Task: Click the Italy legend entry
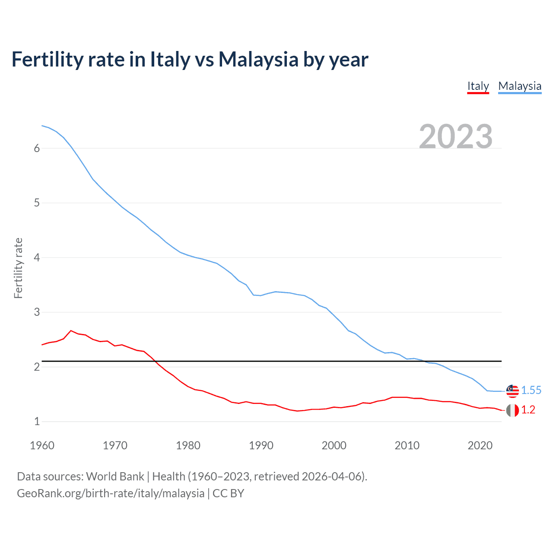pyautogui.click(x=478, y=86)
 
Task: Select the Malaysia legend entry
pyautogui.click(x=520, y=86)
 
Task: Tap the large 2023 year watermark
pyautogui.click(x=456, y=137)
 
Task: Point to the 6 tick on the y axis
pyautogui.click(x=37, y=148)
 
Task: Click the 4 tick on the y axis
pyautogui.click(x=37, y=257)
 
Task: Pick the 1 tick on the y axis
pyautogui.click(x=37, y=421)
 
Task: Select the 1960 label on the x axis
pyautogui.click(x=42, y=445)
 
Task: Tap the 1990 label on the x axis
pyautogui.click(x=261, y=445)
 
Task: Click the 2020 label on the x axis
pyautogui.click(x=480, y=445)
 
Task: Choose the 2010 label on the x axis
pyautogui.click(x=407, y=445)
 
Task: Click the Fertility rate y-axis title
pyautogui.click(x=18, y=268)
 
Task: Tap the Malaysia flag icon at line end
pyautogui.click(x=512, y=391)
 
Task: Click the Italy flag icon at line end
pyautogui.click(x=512, y=410)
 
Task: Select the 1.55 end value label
pyautogui.click(x=531, y=391)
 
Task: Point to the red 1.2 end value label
pyautogui.click(x=528, y=410)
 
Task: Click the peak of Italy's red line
pyautogui.click(x=71, y=331)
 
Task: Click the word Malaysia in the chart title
pyautogui.click(x=258, y=60)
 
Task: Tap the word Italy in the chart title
pyautogui.click(x=170, y=60)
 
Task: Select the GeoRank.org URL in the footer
pyautogui.click(x=111, y=493)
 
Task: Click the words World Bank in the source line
pyautogui.click(x=115, y=477)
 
